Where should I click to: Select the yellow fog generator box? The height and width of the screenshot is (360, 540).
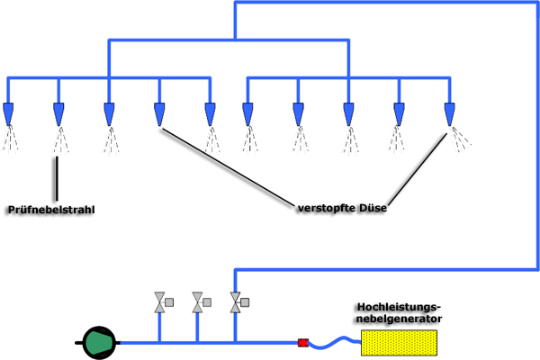tap(399, 343)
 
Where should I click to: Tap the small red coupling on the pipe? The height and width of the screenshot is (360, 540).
tap(303, 343)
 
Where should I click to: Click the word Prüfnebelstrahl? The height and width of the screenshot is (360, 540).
tap(50, 210)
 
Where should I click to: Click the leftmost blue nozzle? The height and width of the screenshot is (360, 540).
tap(8, 114)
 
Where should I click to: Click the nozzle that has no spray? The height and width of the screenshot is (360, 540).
tap(159, 114)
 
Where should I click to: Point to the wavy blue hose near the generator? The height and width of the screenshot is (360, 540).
tap(334, 341)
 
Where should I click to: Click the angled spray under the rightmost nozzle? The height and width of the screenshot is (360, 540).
tap(463, 138)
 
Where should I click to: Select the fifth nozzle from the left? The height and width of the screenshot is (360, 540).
tap(210, 114)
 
